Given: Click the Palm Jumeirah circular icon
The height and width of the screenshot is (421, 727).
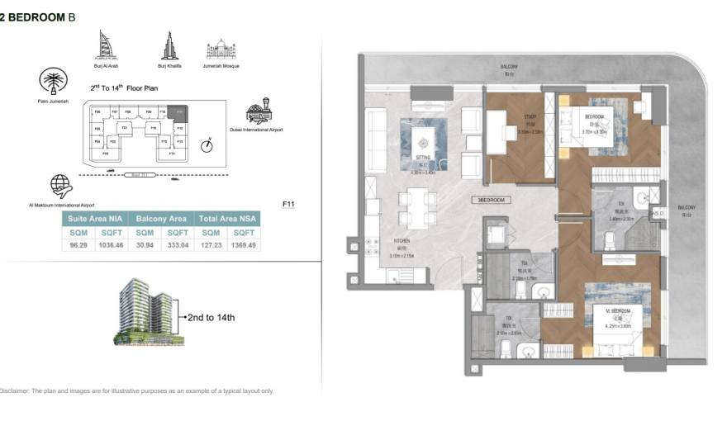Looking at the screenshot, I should [x=53, y=82].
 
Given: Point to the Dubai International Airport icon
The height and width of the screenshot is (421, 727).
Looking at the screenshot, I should [x=259, y=111].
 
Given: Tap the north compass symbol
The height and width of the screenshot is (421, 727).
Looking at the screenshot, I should [x=207, y=145].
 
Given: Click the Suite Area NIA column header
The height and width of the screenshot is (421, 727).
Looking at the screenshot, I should [x=95, y=219].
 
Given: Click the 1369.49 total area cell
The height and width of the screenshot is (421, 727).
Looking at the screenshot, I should [x=244, y=245].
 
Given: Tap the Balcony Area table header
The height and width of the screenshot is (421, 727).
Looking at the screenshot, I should [x=161, y=219].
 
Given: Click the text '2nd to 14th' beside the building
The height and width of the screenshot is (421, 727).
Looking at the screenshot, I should [x=211, y=317].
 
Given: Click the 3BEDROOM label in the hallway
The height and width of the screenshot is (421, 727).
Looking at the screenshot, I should [x=491, y=201].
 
